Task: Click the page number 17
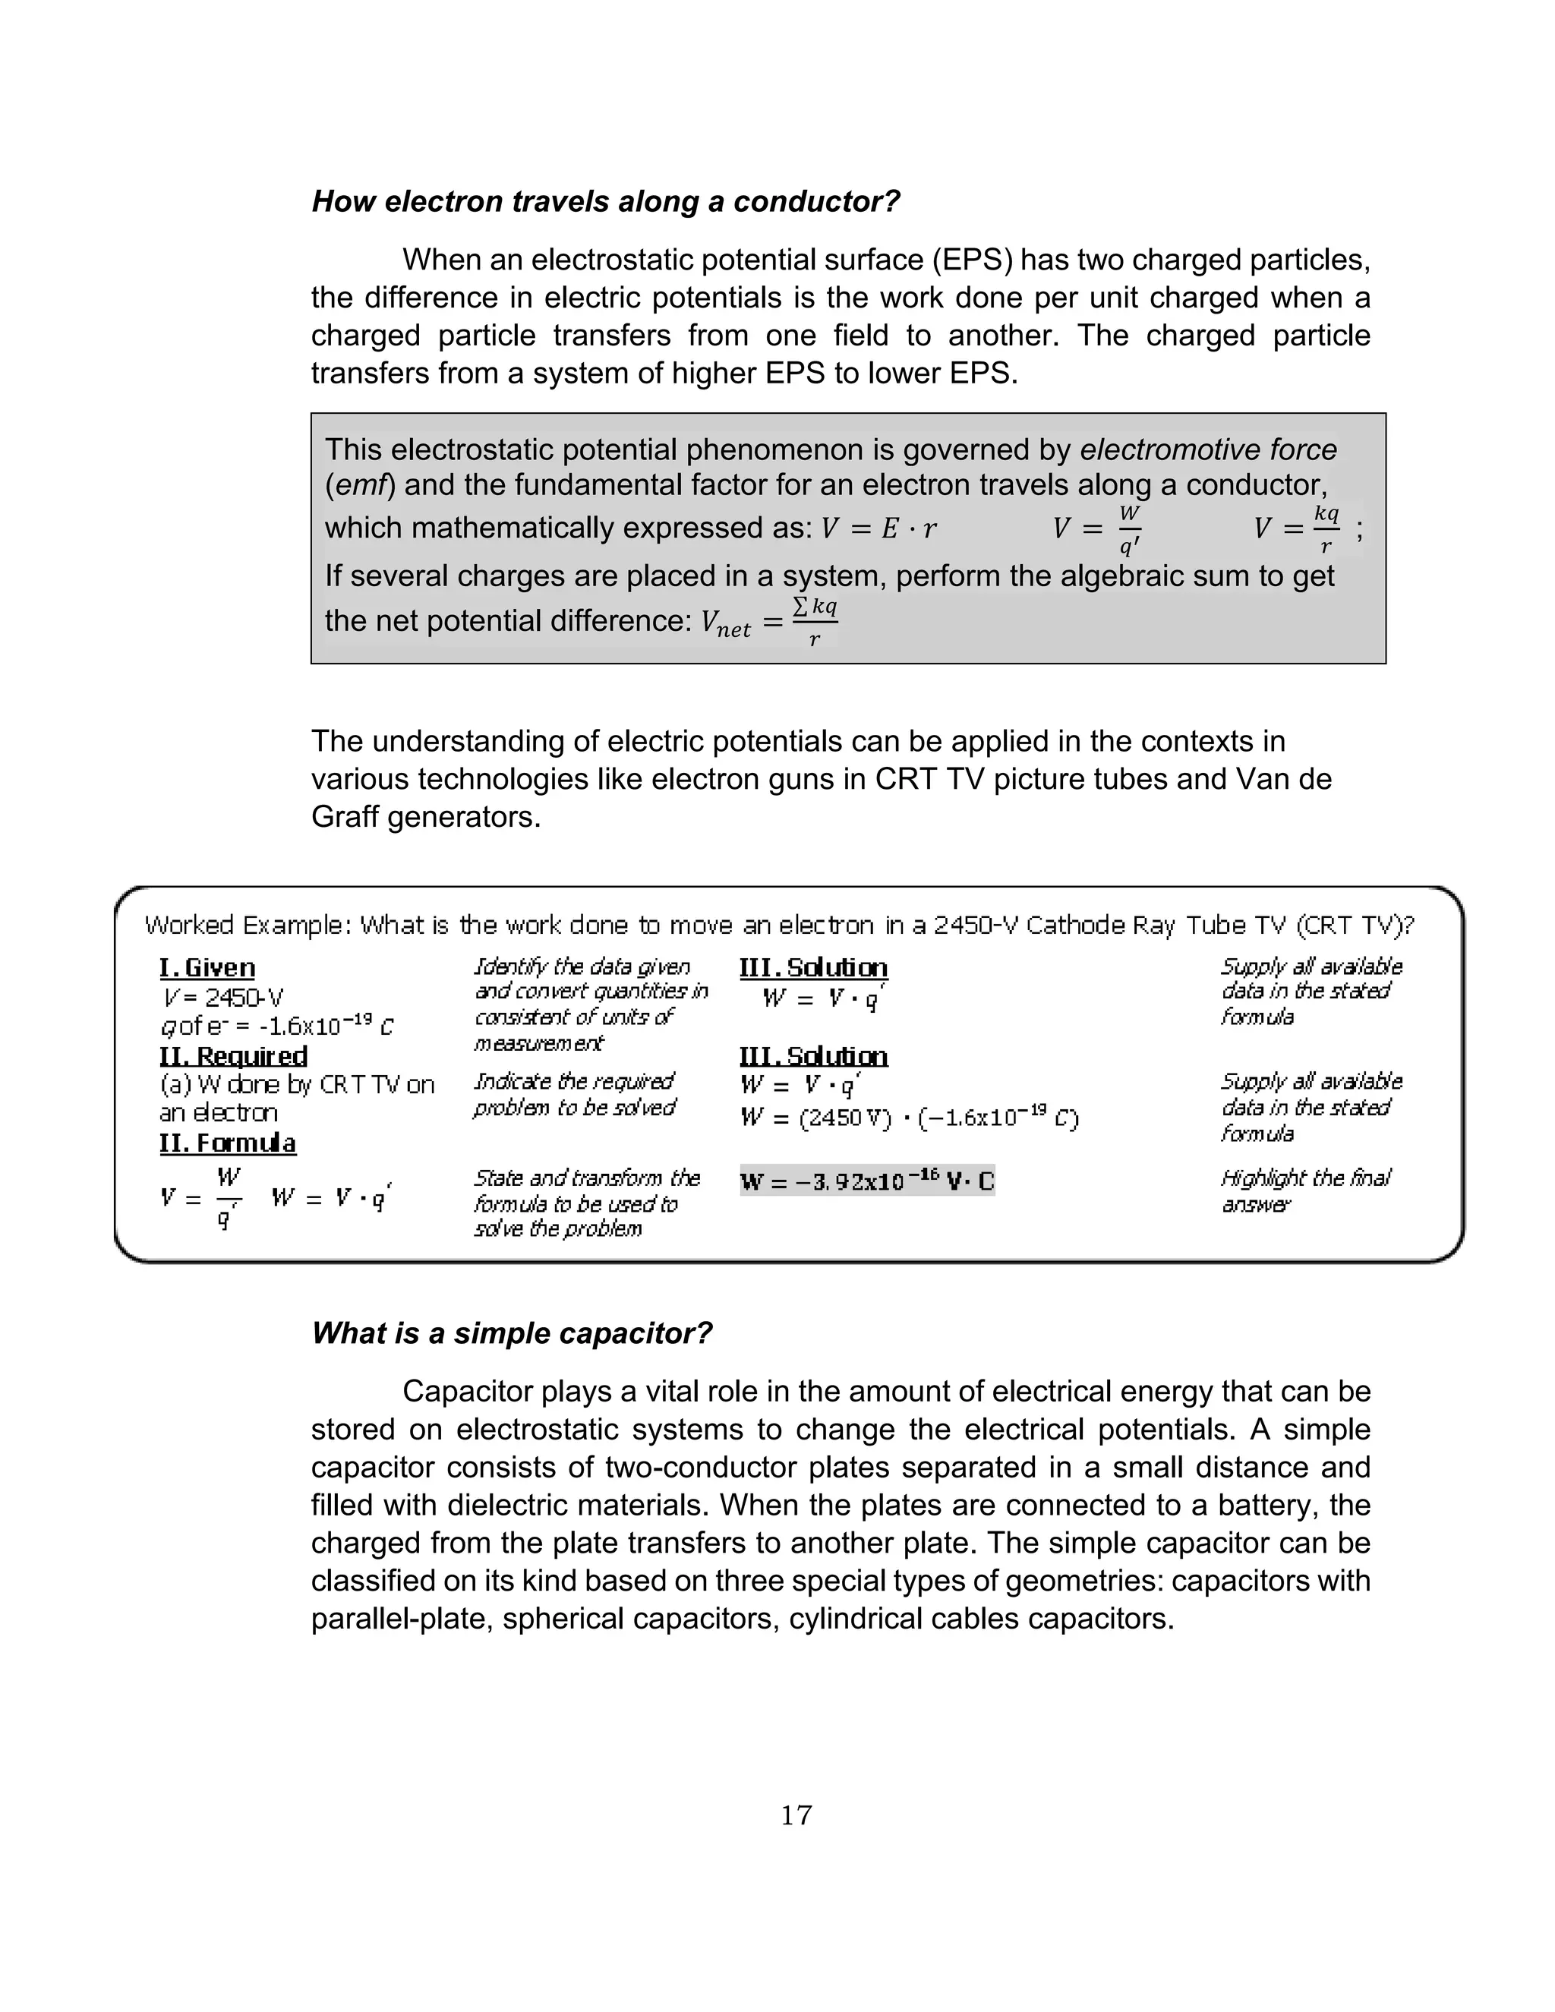796,1815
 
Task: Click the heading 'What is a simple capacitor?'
513,1333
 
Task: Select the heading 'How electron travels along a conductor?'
605,201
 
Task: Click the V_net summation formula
768,622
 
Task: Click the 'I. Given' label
207,967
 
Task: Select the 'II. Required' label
233,1056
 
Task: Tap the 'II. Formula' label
228,1143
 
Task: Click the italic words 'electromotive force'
1208,449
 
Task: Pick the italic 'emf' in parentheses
358,485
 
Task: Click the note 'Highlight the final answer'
1304,1190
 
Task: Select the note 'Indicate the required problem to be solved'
574,1093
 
